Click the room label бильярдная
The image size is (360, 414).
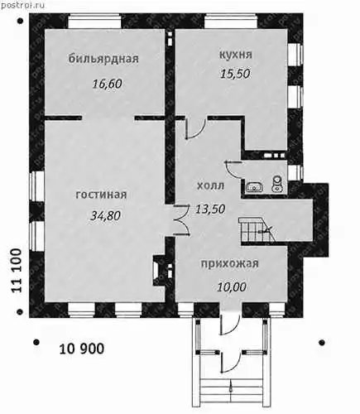tap(103, 59)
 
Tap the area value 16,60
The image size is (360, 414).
tap(107, 84)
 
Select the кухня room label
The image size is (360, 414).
tap(236, 55)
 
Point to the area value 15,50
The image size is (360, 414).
tap(235, 74)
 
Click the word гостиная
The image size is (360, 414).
tap(101, 195)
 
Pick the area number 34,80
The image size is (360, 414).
tap(106, 215)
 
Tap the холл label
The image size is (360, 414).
tap(211, 185)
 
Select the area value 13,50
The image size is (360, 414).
tap(210, 209)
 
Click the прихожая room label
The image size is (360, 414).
tap(230, 263)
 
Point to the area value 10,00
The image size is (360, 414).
tap(232, 287)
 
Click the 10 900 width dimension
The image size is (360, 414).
tap(82, 349)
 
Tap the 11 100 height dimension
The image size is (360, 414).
tap(17, 271)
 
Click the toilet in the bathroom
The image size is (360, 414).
tap(277, 183)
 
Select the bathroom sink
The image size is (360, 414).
tap(255, 187)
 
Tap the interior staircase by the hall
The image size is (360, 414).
tap(257, 229)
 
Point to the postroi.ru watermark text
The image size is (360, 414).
tap(23, 5)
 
